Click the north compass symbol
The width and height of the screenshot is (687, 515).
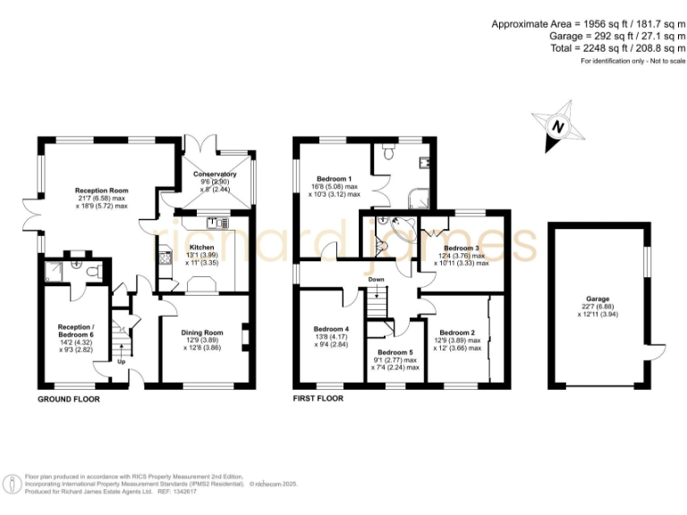click(x=560, y=127)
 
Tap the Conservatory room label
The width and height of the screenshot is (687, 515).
click(x=215, y=174)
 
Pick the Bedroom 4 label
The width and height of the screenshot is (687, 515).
click(x=334, y=328)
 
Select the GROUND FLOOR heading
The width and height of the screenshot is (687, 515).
click(x=69, y=398)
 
